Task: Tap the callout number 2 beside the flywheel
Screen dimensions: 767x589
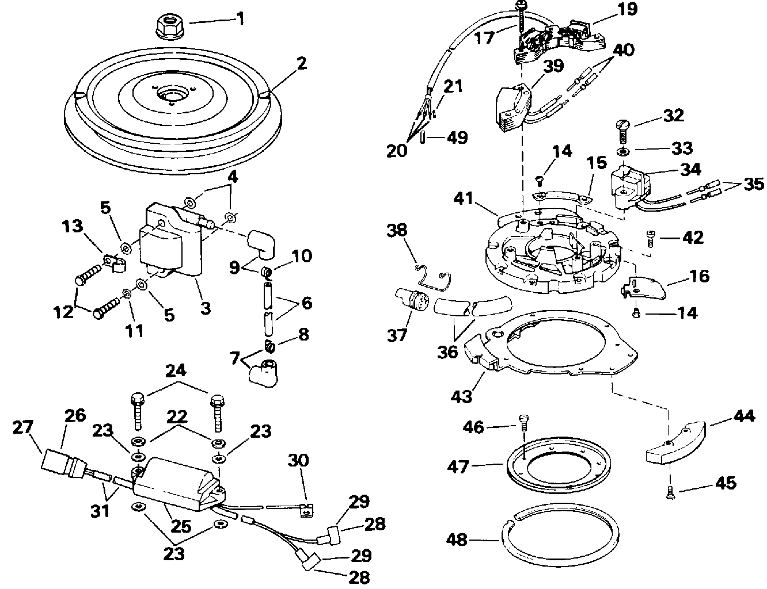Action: click(302, 64)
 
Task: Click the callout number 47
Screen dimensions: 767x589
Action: click(458, 468)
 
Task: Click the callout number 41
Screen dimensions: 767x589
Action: click(464, 199)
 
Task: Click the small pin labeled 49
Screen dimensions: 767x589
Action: click(423, 137)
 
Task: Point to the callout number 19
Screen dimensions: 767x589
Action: click(628, 10)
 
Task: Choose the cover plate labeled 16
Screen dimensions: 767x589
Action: click(643, 288)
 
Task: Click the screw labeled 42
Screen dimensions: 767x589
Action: click(650, 239)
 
